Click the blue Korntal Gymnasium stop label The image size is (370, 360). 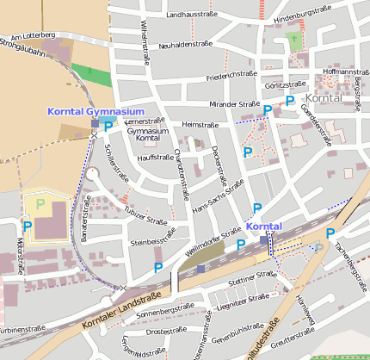(96, 112)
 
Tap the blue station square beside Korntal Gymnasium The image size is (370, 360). (95, 124)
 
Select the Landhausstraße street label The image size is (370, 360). (190, 15)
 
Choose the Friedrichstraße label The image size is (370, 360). (232, 76)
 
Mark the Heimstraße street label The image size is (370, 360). (200, 125)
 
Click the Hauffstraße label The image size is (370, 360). (156, 158)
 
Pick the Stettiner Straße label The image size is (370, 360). (253, 280)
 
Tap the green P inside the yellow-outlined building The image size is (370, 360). (40, 204)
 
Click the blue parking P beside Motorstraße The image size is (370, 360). (28, 226)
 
